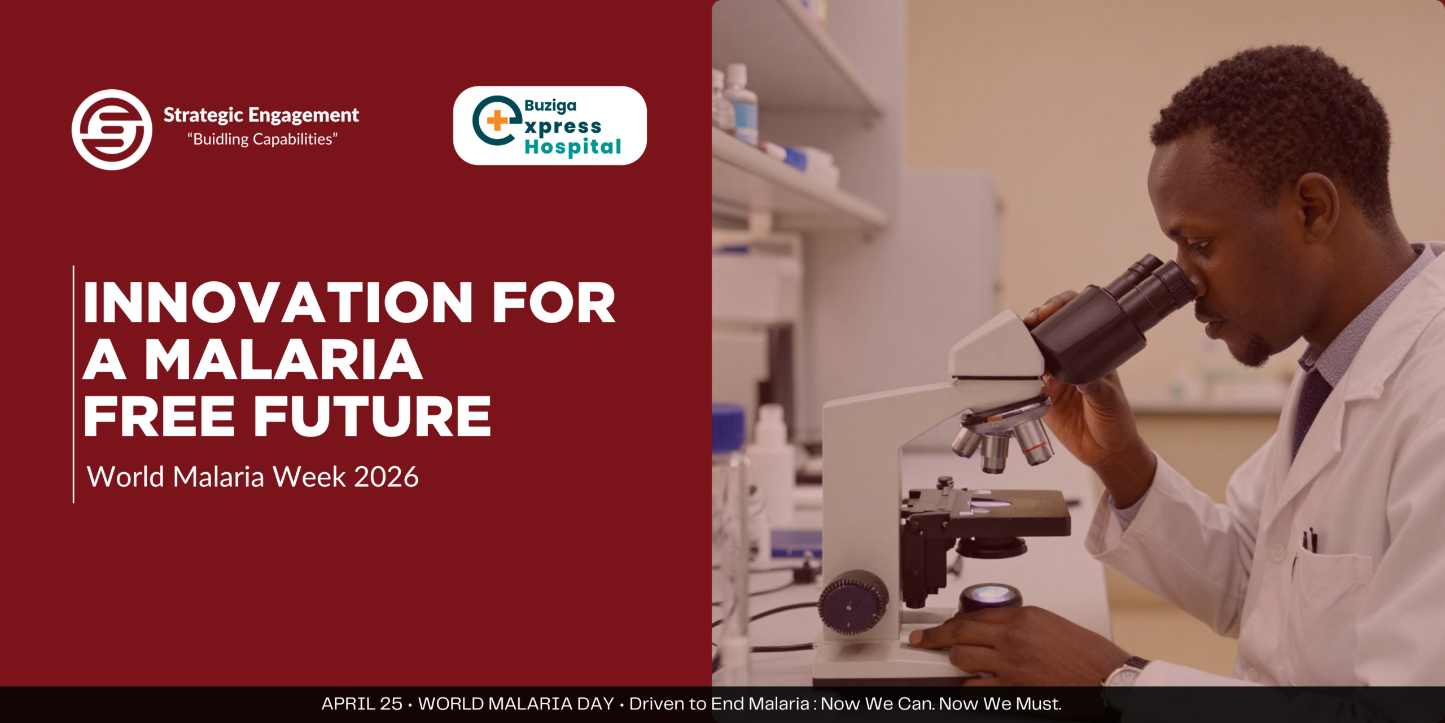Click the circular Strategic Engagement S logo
coord(112,129)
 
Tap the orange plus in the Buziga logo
coord(497,120)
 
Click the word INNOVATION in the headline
coord(278,303)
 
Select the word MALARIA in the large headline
coord(284,360)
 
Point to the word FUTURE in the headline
coord(373,417)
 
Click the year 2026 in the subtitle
coord(387,477)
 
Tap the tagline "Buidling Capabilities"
coord(262,139)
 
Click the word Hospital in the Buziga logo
coord(573,147)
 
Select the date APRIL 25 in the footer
coord(362,704)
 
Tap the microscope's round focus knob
coord(853,602)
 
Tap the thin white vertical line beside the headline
coord(73,384)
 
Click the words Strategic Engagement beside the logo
coord(261,115)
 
